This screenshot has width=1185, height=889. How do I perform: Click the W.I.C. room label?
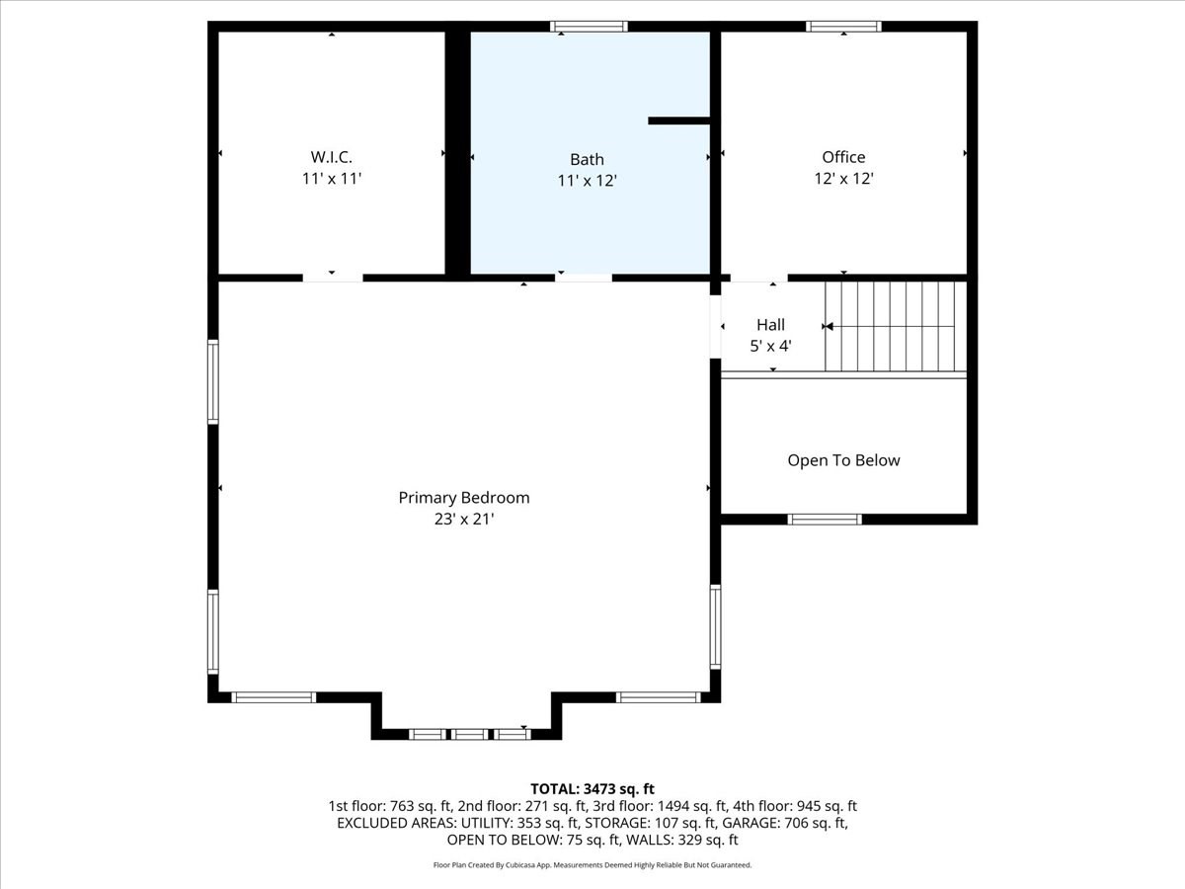coord(332,157)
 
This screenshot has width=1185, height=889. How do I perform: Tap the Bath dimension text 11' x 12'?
coord(587,181)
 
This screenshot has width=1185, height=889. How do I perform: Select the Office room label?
coord(843,157)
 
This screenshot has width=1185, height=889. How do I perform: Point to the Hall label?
coord(770,325)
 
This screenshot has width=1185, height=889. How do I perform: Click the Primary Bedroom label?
coord(464,498)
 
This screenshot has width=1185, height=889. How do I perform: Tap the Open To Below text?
coord(843,460)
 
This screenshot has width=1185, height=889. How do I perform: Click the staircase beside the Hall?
coord(894,326)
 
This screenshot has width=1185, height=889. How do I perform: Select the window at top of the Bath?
coord(590,27)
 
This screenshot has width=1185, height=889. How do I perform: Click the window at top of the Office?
coord(844,27)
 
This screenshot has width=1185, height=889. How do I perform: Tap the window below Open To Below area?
coord(825,520)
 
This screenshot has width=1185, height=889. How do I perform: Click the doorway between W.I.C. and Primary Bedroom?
coord(332,279)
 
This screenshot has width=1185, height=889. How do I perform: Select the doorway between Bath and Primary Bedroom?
coord(583,279)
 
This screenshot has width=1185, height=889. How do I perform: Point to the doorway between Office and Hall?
coord(758,279)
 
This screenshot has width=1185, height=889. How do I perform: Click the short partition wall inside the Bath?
coord(679,121)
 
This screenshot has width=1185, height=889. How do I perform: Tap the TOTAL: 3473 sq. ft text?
coord(592,788)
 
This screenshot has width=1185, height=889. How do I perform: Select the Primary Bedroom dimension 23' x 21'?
coord(464,520)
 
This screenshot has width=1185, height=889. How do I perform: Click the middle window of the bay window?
coord(470,734)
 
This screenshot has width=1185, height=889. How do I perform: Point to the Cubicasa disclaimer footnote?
coord(592,865)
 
